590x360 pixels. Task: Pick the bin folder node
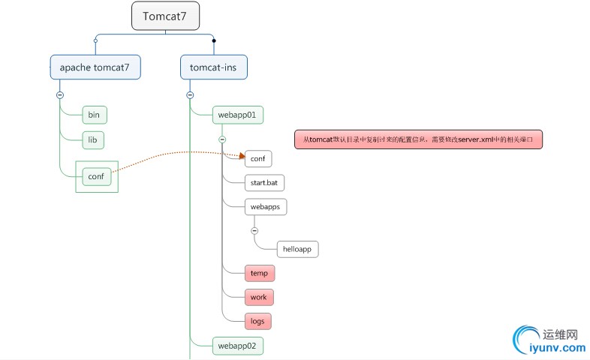click(x=94, y=115)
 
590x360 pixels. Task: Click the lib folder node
click(x=94, y=139)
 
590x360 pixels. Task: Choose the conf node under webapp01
click(x=257, y=159)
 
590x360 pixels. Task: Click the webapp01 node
click(x=237, y=115)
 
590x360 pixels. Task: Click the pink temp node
click(x=259, y=273)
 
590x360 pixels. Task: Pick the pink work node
click(x=259, y=297)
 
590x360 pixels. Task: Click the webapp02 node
click(x=237, y=346)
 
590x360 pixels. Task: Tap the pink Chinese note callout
click(x=417, y=139)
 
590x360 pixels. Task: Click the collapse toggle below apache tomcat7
click(x=59, y=94)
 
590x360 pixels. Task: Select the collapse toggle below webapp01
click(x=222, y=139)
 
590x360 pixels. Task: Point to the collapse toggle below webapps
click(x=254, y=230)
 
